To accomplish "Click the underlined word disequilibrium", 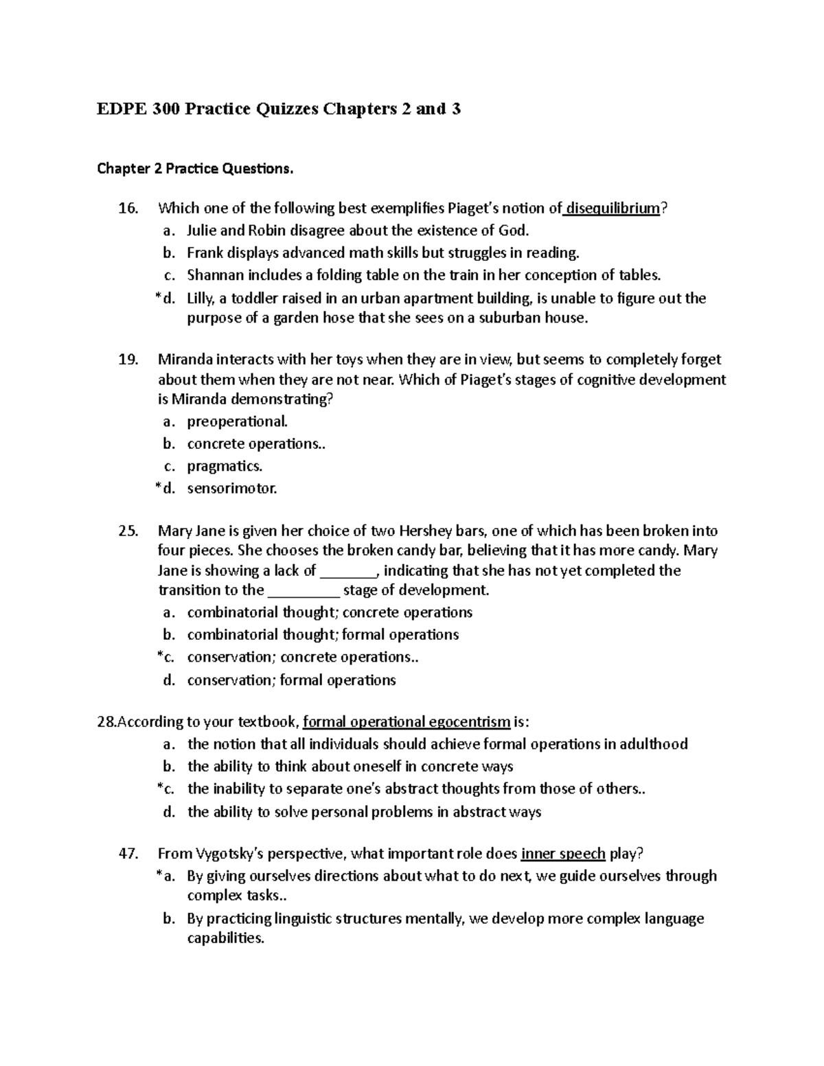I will [613, 208].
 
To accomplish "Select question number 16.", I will [128, 208].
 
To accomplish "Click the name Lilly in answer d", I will [201, 298].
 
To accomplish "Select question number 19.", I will [128, 360].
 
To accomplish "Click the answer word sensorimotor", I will [231, 489].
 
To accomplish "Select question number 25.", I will [128, 531].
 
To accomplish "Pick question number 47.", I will [128, 854].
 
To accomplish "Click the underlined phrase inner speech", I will [563, 854].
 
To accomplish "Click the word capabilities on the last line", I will [225, 938].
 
